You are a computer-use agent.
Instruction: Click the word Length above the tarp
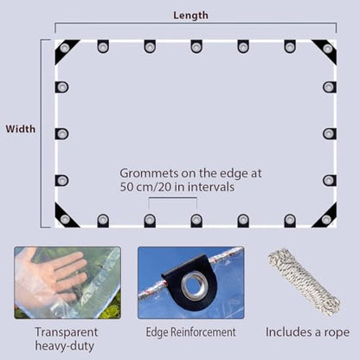[x=190, y=16]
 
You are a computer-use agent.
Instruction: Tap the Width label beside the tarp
[x=21, y=129]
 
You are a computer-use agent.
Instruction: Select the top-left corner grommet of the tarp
[x=64, y=48]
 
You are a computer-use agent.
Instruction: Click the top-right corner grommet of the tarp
[x=328, y=48]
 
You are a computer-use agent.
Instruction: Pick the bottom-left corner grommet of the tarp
[x=65, y=219]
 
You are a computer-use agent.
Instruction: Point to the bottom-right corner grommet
[x=326, y=220]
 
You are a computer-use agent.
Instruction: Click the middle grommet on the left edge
[x=62, y=134]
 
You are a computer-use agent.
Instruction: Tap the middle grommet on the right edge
[x=329, y=134]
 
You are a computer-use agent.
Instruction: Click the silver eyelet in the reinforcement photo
[x=194, y=286]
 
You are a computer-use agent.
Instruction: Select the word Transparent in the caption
[x=67, y=332]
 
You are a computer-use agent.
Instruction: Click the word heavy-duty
[x=65, y=346]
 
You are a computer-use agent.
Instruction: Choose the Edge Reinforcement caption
[x=190, y=332]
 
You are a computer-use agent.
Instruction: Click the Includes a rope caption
[x=307, y=332]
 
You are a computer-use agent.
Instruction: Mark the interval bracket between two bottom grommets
[x=173, y=198]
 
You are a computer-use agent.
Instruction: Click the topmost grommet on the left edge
[x=62, y=87]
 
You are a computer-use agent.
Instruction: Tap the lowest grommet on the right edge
[x=329, y=181]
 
